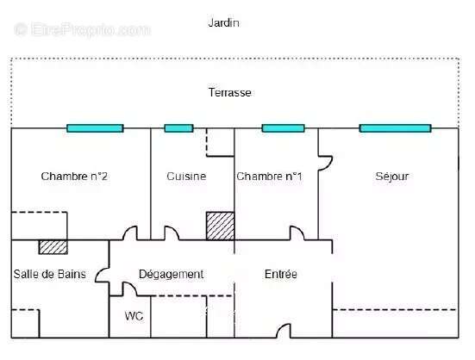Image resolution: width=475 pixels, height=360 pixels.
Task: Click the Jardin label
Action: coord(224,23)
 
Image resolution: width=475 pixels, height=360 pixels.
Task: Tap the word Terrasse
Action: coord(230,92)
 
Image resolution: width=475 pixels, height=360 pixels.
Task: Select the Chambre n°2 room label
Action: coord(74,176)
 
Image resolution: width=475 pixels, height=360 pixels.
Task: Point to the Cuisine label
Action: coord(186,176)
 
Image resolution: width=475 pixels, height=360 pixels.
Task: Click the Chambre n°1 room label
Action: coord(269,176)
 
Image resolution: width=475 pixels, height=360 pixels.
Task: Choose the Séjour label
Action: coord(392,176)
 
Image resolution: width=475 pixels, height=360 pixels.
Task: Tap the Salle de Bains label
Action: coord(50,274)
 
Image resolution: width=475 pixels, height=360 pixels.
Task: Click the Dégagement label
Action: coord(172,275)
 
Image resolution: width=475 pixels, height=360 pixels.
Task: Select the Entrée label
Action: coord(281,274)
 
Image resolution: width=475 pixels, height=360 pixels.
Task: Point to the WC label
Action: coord(134,316)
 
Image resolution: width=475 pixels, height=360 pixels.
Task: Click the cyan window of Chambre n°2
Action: coord(95,128)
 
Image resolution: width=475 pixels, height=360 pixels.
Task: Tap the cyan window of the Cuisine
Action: coord(178,128)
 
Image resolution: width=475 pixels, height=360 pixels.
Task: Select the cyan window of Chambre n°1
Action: coord(284,128)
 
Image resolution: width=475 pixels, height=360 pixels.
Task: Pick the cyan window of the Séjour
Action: coord(396,128)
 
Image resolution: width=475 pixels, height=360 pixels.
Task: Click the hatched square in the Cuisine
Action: coord(220,226)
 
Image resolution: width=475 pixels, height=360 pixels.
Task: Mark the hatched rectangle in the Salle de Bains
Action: coord(53,247)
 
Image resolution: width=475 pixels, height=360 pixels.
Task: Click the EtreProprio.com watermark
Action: coord(83,29)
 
